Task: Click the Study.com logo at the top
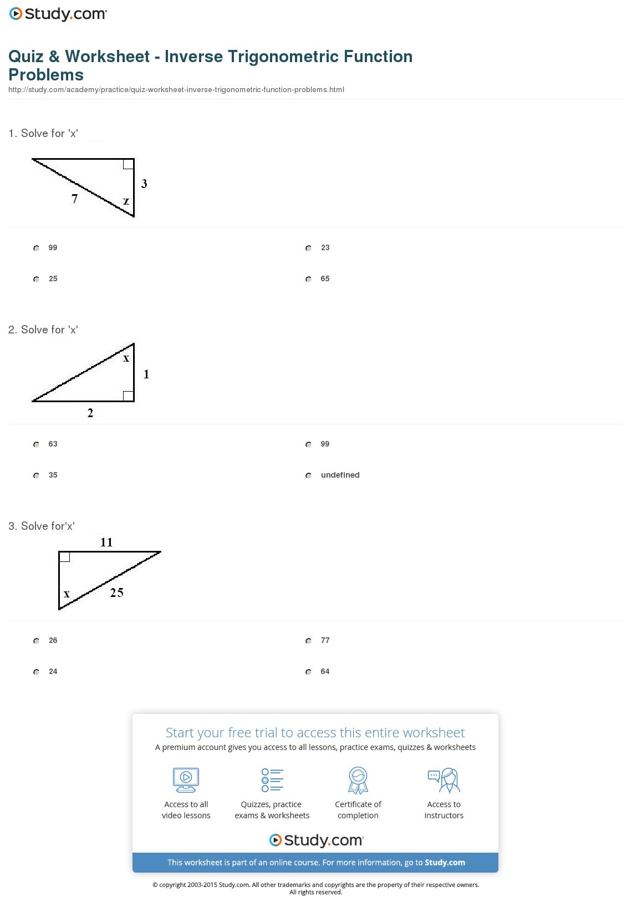pyautogui.click(x=58, y=14)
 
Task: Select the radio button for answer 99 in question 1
pyautogui.click(x=37, y=248)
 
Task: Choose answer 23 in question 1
pyautogui.click(x=309, y=248)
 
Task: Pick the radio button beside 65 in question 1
pyautogui.click(x=309, y=279)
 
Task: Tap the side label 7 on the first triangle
pyautogui.click(x=75, y=199)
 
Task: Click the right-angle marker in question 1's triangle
pyautogui.click(x=128, y=164)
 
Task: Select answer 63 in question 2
pyautogui.click(x=37, y=444)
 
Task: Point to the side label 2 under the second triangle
pyautogui.click(x=90, y=413)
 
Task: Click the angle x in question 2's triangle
pyautogui.click(x=126, y=358)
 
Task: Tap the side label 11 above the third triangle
pyautogui.click(x=106, y=542)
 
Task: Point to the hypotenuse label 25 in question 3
pyautogui.click(x=116, y=592)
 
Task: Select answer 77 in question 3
pyautogui.click(x=309, y=641)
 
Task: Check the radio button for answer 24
pyautogui.click(x=37, y=672)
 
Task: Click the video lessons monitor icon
pyautogui.click(x=186, y=780)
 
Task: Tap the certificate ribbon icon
pyautogui.click(x=358, y=780)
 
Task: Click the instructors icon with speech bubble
pyautogui.click(x=444, y=780)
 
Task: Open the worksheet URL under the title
pyautogui.click(x=176, y=90)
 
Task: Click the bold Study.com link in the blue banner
pyautogui.click(x=445, y=863)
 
